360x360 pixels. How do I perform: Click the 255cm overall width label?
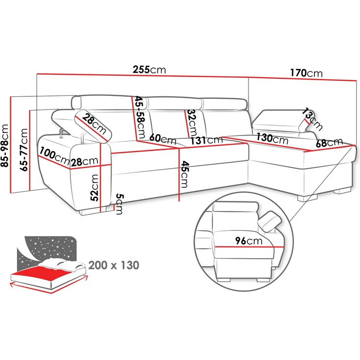coord(149,69)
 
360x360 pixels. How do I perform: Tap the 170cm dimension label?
coord(306,73)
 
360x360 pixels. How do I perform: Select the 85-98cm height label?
coord(5,145)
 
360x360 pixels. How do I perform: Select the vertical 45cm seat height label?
coord(184,174)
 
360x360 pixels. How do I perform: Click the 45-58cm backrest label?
coord(139,117)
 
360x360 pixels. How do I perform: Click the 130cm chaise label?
coord(272,138)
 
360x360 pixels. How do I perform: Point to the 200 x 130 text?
coord(114,266)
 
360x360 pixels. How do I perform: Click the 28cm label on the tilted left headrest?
coord(94,124)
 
